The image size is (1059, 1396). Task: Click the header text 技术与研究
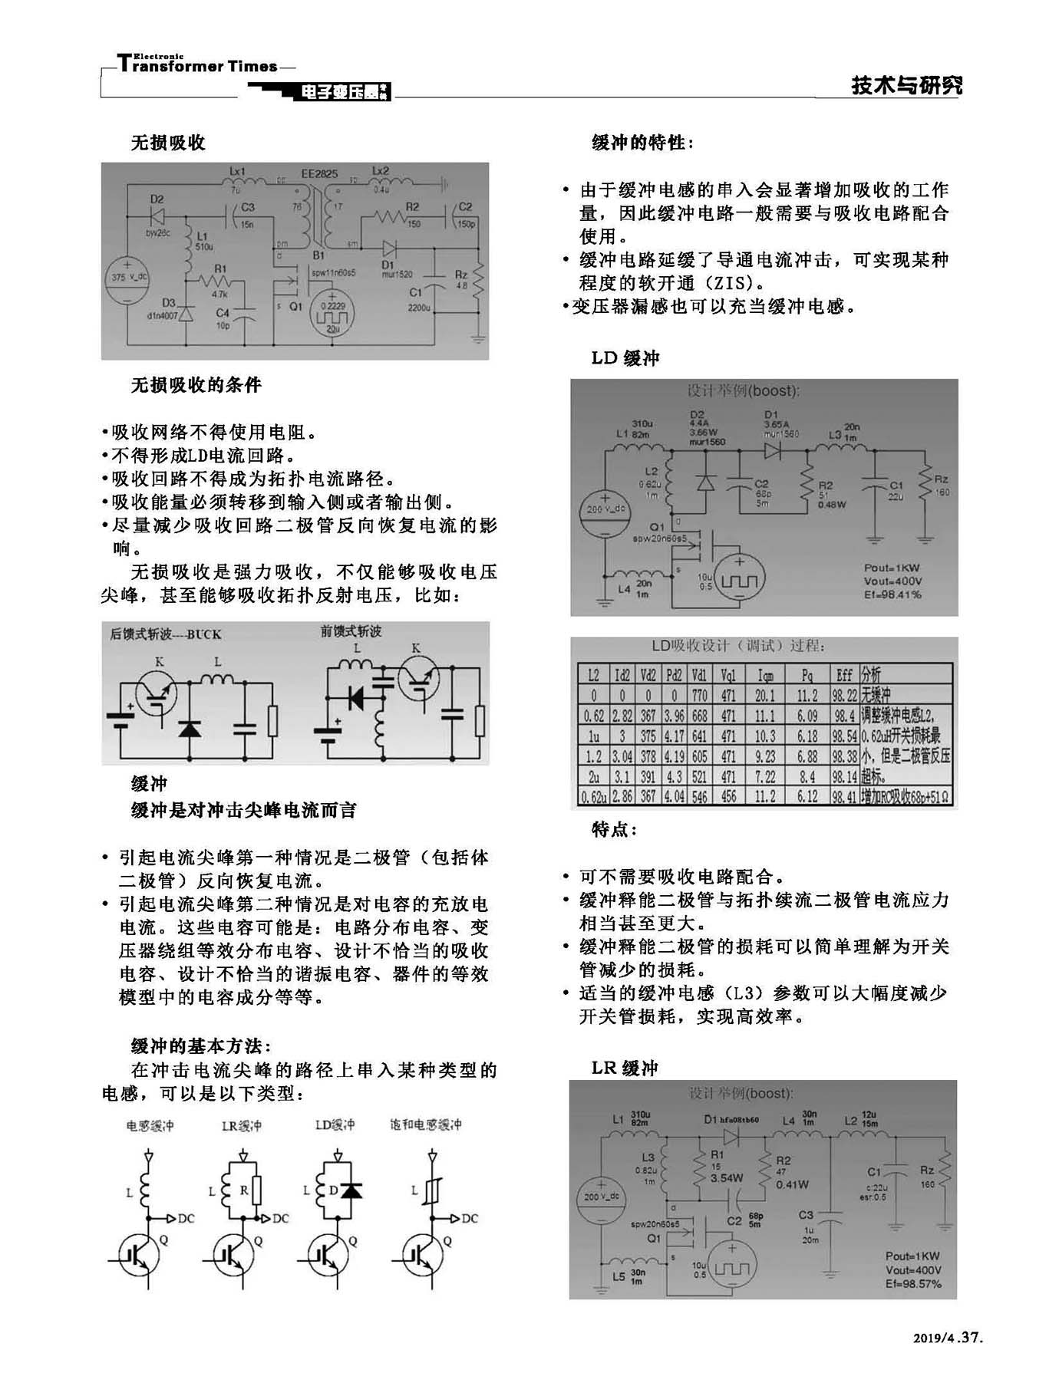(x=906, y=84)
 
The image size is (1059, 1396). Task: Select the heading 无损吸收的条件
(x=196, y=384)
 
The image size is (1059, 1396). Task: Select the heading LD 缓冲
(x=625, y=358)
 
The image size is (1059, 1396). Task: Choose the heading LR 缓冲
(x=625, y=1068)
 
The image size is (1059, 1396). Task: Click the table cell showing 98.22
(x=844, y=696)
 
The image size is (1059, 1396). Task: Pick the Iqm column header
(x=765, y=675)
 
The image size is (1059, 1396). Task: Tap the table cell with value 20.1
(x=765, y=696)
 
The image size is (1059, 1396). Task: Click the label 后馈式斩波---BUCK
(x=166, y=634)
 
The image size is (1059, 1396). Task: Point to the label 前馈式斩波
(x=351, y=631)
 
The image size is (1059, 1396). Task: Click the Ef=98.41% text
(x=892, y=595)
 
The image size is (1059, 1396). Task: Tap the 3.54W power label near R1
(x=726, y=1178)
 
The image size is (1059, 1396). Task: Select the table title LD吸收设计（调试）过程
(x=738, y=646)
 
